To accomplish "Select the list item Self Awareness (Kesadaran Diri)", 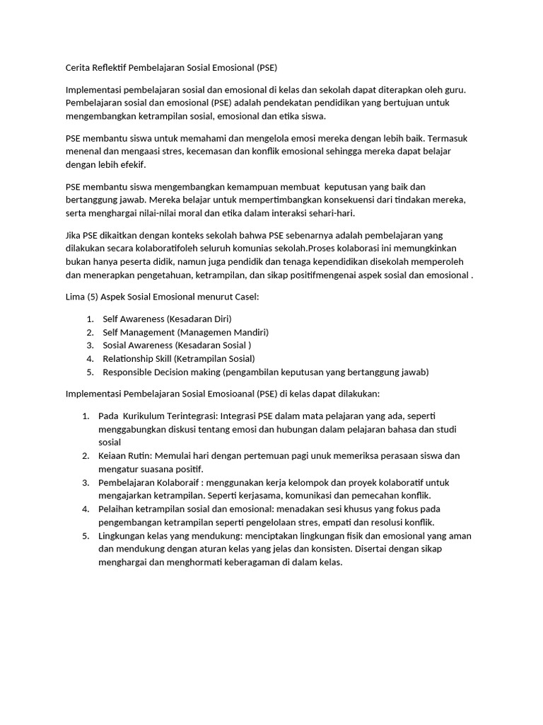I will coord(167,319).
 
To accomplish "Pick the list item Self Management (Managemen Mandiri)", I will coord(185,332).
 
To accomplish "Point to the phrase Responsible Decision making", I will coord(161,372).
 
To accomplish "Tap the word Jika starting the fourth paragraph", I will coord(74,236).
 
